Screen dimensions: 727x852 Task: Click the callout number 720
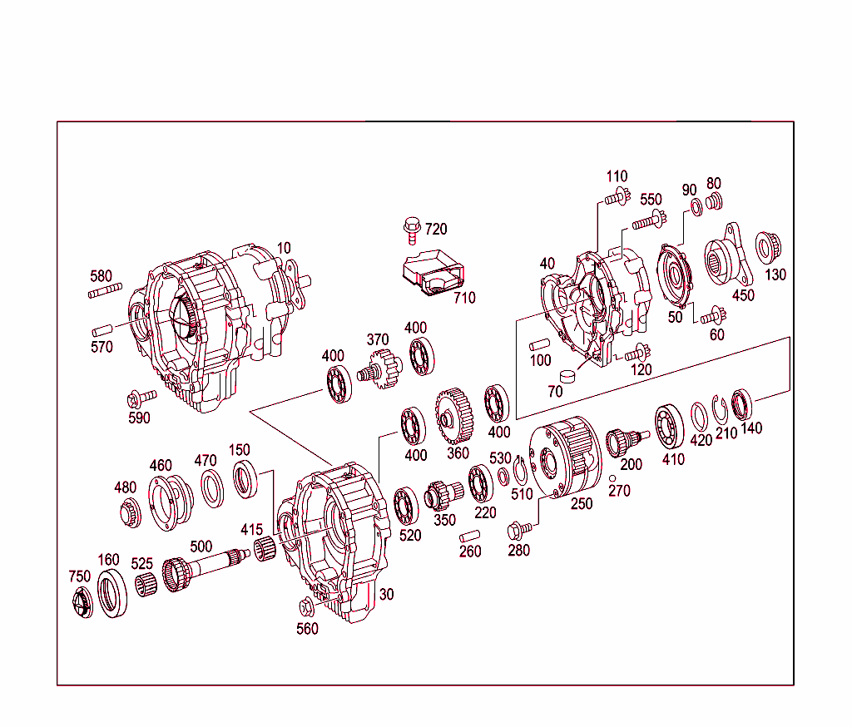pyautogui.click(x=436, y=229)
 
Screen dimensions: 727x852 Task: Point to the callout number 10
pyautogui.click(x=284, y=248)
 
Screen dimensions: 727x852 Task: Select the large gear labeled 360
pyautogui.click(x=453, y=413)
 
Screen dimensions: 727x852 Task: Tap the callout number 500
pyautogui.click(x=201, y=546)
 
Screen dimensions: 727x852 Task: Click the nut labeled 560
pyautogui.click(x=306, y=605)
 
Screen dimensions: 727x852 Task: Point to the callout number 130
pyautogui.click(x=775, y=274)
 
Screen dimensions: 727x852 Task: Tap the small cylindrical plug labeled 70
pyautogui.click(x=568, y=376)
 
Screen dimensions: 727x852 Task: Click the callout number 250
pyautogui.click(x=581, y=503)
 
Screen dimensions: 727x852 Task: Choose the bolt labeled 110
pyautogui.click(x=615, y=198)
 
